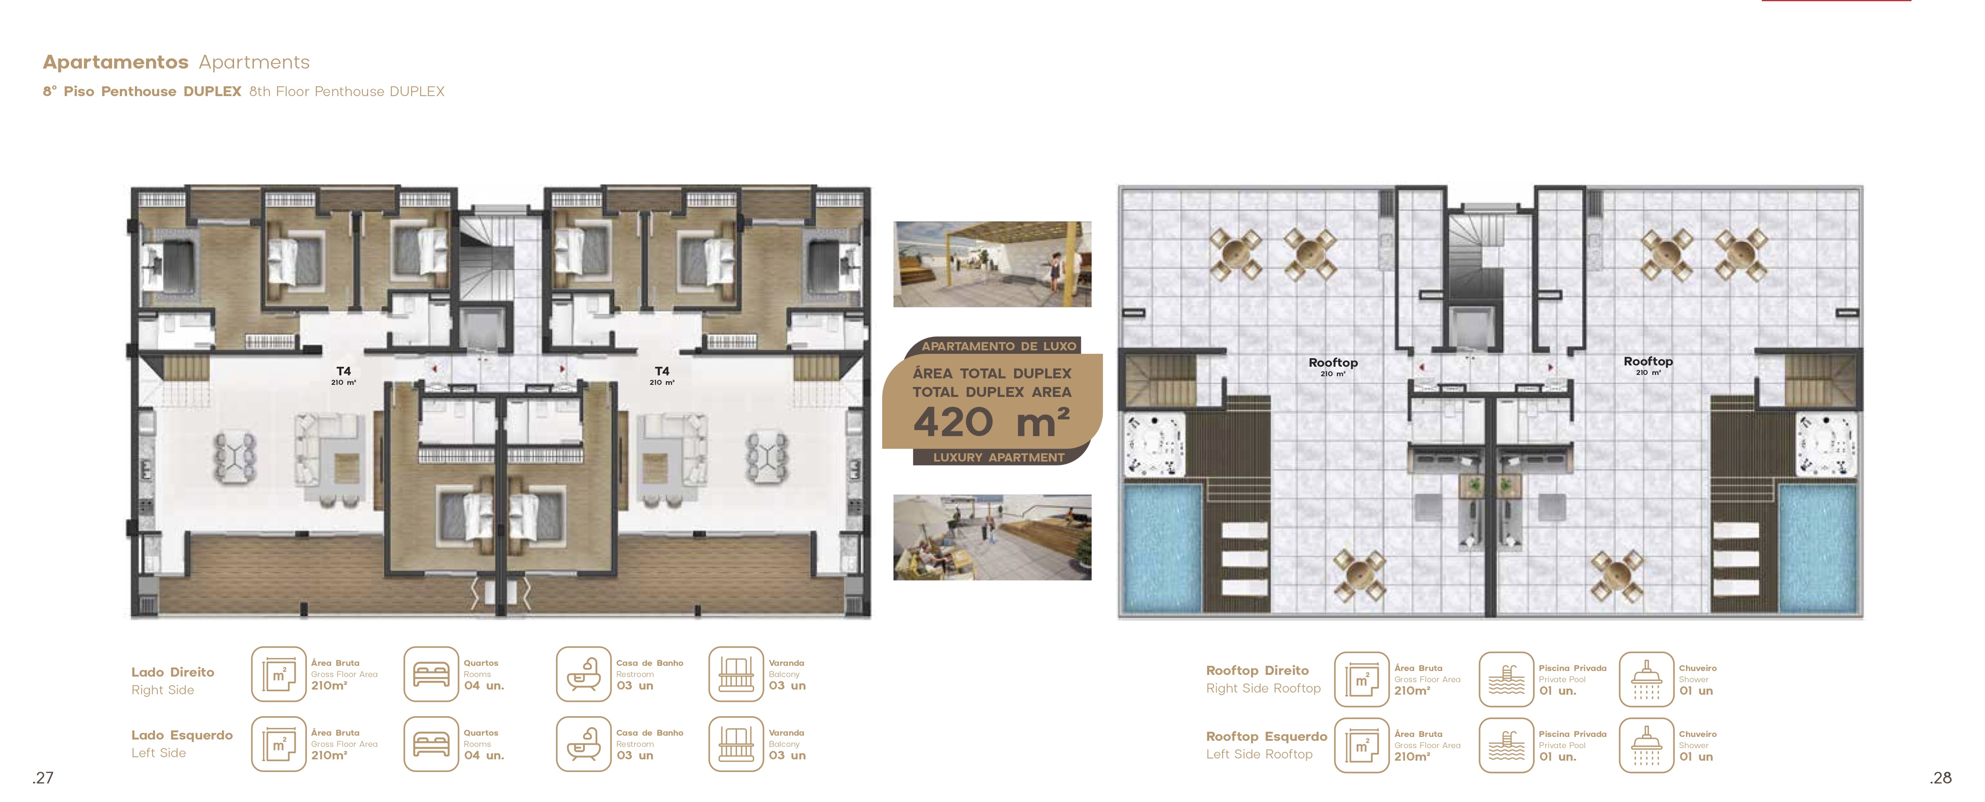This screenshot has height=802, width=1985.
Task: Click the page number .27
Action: click(43, 777)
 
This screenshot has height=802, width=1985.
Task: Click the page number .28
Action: click(1940, 777)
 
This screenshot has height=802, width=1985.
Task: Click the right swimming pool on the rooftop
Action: click(1817, 548)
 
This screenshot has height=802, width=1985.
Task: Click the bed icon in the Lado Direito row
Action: click(431, 674)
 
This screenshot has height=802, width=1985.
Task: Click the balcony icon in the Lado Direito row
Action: click(737, 674)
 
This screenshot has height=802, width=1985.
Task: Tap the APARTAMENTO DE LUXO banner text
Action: click(999, 346)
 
